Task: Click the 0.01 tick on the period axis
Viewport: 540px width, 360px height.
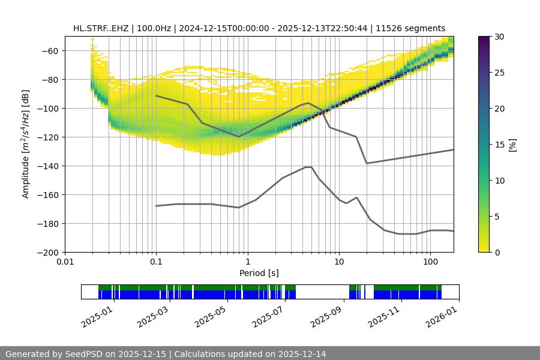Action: (65, 262)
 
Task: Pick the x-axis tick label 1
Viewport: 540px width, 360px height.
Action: (247, 262)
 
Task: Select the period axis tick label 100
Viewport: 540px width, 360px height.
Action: (430, 262)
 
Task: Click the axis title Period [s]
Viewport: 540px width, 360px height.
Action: (259, 273)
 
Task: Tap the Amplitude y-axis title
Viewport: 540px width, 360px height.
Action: (26, 144)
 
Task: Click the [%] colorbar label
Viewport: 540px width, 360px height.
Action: (512, 144)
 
